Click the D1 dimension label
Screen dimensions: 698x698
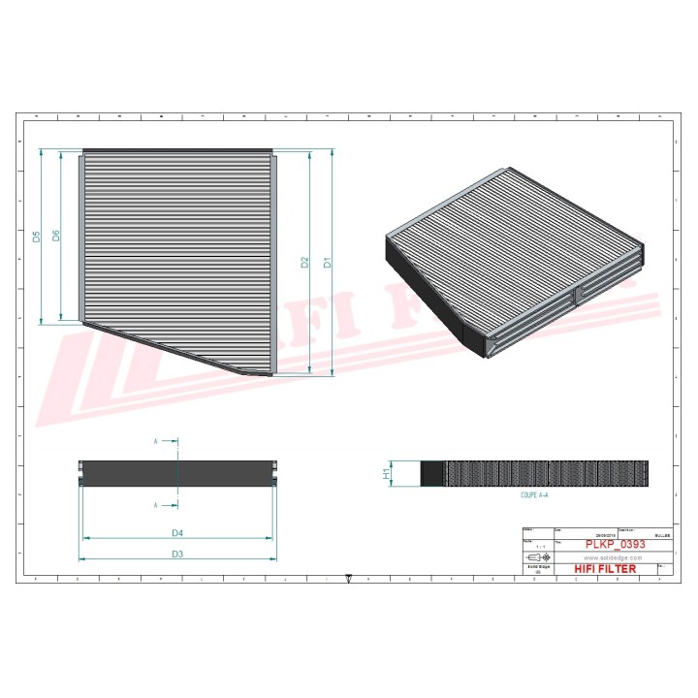pyautogui.click(x=328, y=262)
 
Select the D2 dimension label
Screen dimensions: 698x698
pyautogui.click(x=304, y=262)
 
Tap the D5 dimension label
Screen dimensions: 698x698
pyautogui.click(x=36, y=237)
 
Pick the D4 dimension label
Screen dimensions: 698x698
pyautogui.click(x=177, y=532)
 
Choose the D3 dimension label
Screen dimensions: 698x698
pyautogui.click(x=177, y=554)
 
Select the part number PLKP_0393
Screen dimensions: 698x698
pyautogui.click(x=615, y=545)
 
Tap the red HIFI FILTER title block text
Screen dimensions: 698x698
pyautogui.click(x=606, y=569)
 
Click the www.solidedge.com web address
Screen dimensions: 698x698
pyautogui.click(x=614, y=558)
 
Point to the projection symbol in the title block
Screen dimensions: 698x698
pyautogui.click(x=536, y=558)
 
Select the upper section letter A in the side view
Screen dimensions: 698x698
pyautogui.click(x=155, y=441)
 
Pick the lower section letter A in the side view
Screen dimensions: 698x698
pyautogui.click(x=155, y=505)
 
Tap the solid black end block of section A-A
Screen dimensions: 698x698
pyautogui.click(x=431, y=473)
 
